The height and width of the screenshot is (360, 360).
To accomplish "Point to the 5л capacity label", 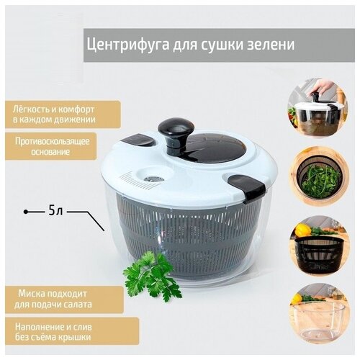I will pyautogui.click(x=57, y=212).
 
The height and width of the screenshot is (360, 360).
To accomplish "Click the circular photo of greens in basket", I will pyautogui.click(x=320, y=177).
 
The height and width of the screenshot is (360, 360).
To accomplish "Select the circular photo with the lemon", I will pyautogui.click(x=320, y=246).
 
